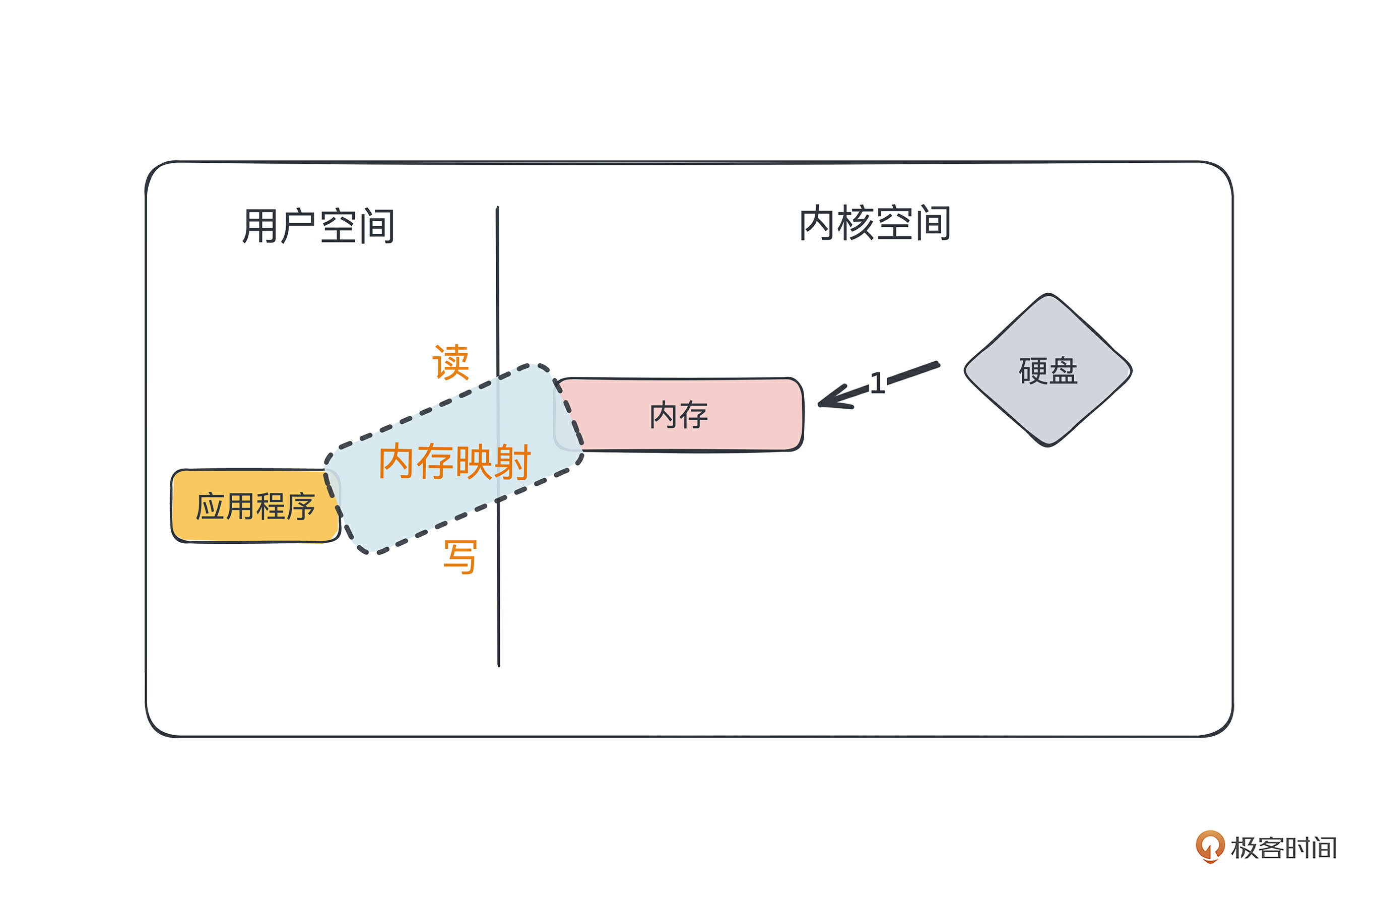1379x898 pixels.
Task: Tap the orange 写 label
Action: pyautogui.click(x=460, y=557)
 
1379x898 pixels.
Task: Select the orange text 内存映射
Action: pyautogui.click(x=454, y=461)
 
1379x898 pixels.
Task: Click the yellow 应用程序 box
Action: pyautogui.click(x=255, y=506)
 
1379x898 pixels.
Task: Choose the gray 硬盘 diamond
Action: pyautogui.click(x=1047, y=370)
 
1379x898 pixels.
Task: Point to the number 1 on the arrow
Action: pyautogui.click(x=877, y=383)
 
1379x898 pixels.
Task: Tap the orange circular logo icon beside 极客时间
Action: pyautogui.click(x=1210, y=847)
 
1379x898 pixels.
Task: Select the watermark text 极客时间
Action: pyautogui.click(x=1283, y=848)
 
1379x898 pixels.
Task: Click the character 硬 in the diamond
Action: pyautogui.click(x=1032, y=371)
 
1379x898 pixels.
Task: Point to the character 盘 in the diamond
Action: pyautogui.click(x=1063, y=371)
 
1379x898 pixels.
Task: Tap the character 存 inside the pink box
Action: pyautogui.click(x=694, y=415)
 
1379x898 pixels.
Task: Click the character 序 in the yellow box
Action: pyautogui.click(x=300, y=507)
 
